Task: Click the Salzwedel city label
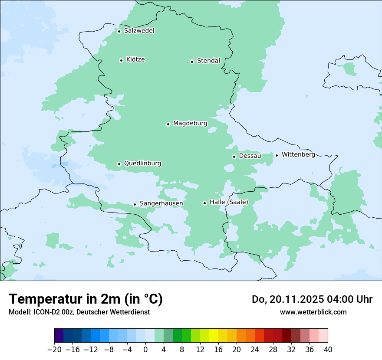point(139,31)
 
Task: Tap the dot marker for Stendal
point(192,62)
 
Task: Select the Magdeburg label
point(190,124)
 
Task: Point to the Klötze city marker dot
point(121,60)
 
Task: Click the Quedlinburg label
point(142,164)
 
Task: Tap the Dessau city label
point(250,156)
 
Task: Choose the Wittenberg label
point(298,154)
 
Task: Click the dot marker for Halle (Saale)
point(204,203)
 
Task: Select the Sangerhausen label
point(161,203)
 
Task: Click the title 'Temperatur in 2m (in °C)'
point(86,299)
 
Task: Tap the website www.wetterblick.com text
point(313,312)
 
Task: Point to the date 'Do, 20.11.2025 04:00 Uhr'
point(312,299)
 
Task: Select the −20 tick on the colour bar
point(55,349)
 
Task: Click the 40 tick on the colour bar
point(328,349)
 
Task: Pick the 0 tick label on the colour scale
point(145,349)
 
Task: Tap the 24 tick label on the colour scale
point(255,349)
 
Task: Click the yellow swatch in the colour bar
point(214,336)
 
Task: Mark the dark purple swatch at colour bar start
point(59,336)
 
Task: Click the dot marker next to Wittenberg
point(277,155)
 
